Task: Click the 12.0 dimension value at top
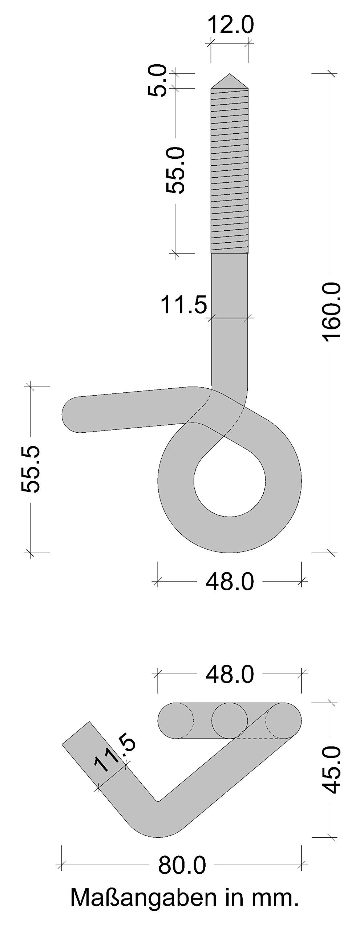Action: coord(230,25)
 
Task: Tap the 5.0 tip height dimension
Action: coord(157,81)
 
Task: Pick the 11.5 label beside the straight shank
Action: coord(183,304)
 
